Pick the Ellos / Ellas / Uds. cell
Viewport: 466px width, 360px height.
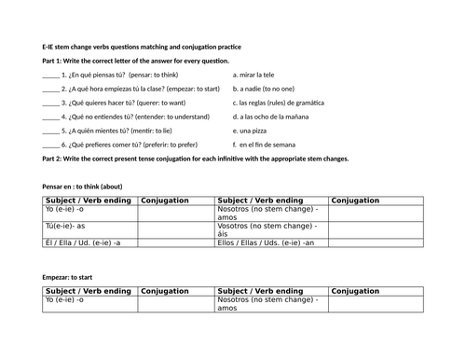tap(271, 242)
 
